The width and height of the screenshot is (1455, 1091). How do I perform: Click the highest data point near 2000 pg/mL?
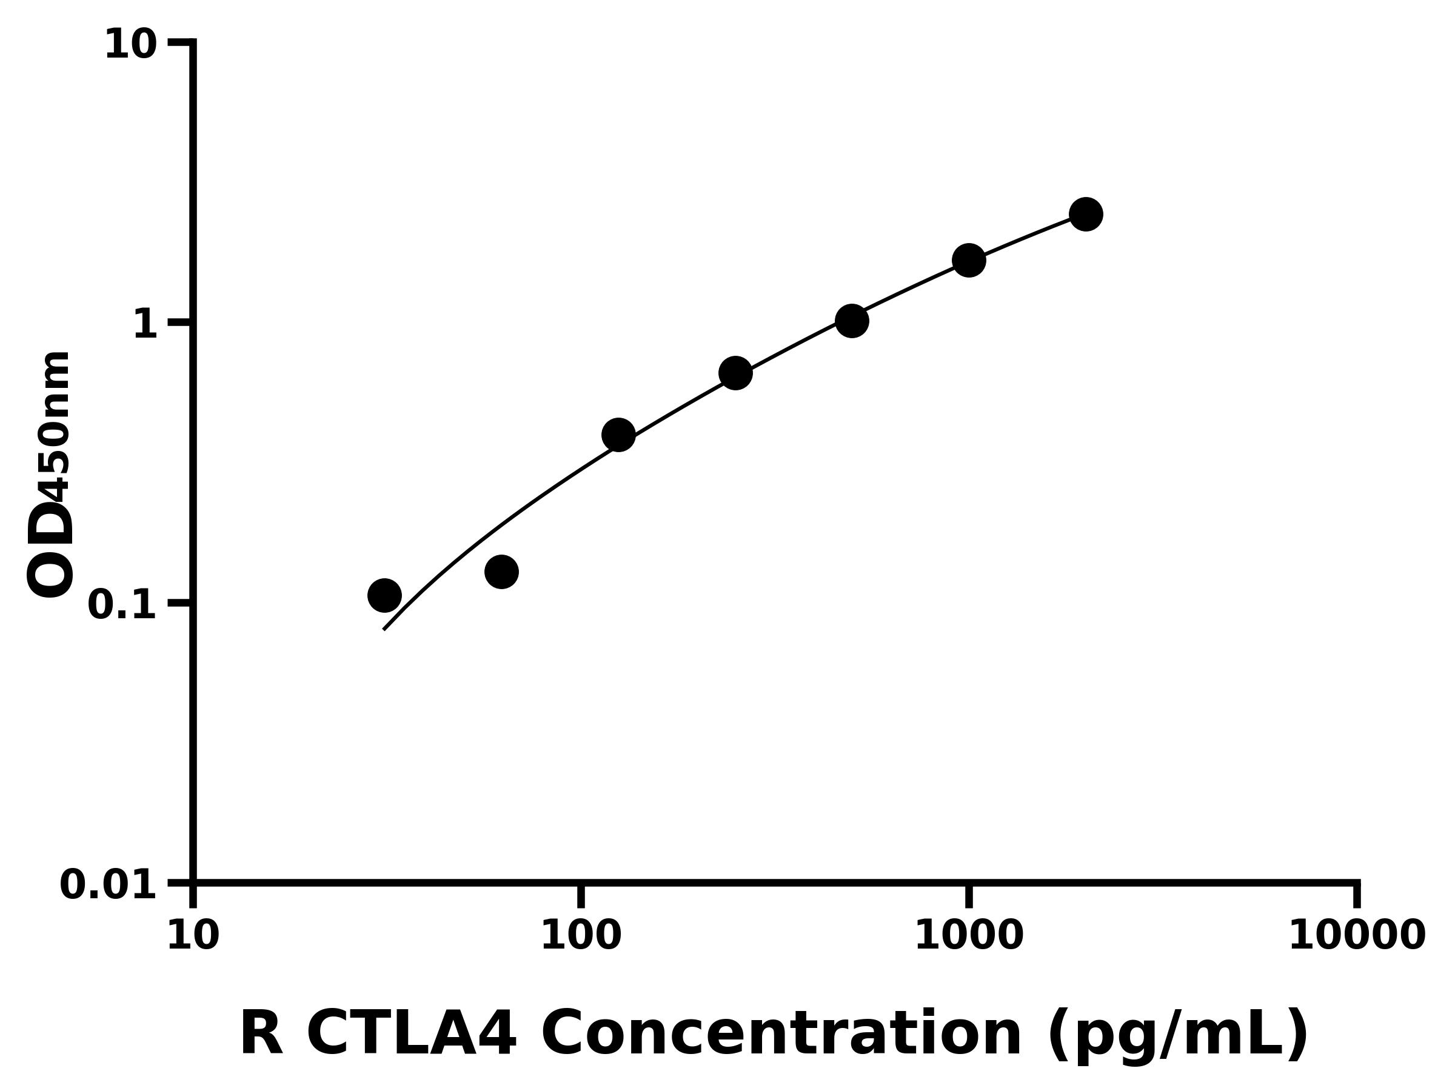[x=1085, y=215]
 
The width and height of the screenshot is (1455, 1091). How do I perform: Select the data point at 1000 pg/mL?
[x=968, y=261]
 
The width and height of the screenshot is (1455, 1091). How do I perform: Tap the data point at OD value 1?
[x=852, y=321]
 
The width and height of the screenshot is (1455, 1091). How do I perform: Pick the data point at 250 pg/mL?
[x=735, y=373]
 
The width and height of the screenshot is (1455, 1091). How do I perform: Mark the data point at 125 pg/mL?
[x=618, y=435]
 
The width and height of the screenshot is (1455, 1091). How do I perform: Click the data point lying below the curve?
[x=501, y=572]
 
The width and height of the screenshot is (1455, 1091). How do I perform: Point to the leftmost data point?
[x=385, y=596]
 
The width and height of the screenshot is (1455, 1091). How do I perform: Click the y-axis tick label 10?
[x=131, y=45]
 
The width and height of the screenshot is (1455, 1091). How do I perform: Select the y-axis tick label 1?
[x=145, y=324]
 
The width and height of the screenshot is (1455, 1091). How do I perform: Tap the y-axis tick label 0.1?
[x=122, y=605]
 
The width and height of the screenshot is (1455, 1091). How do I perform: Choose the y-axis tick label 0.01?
[x=109, y=885]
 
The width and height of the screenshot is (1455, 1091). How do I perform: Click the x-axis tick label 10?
[x=193, y=936]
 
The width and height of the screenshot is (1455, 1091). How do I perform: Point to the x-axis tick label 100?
[x=580, y=936]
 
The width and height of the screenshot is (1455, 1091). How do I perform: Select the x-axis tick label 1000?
[x=968, y=936]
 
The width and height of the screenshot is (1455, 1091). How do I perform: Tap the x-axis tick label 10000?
[x=1356, y=936]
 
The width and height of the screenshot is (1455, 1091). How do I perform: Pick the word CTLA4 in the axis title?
[x=412, y=1034]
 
